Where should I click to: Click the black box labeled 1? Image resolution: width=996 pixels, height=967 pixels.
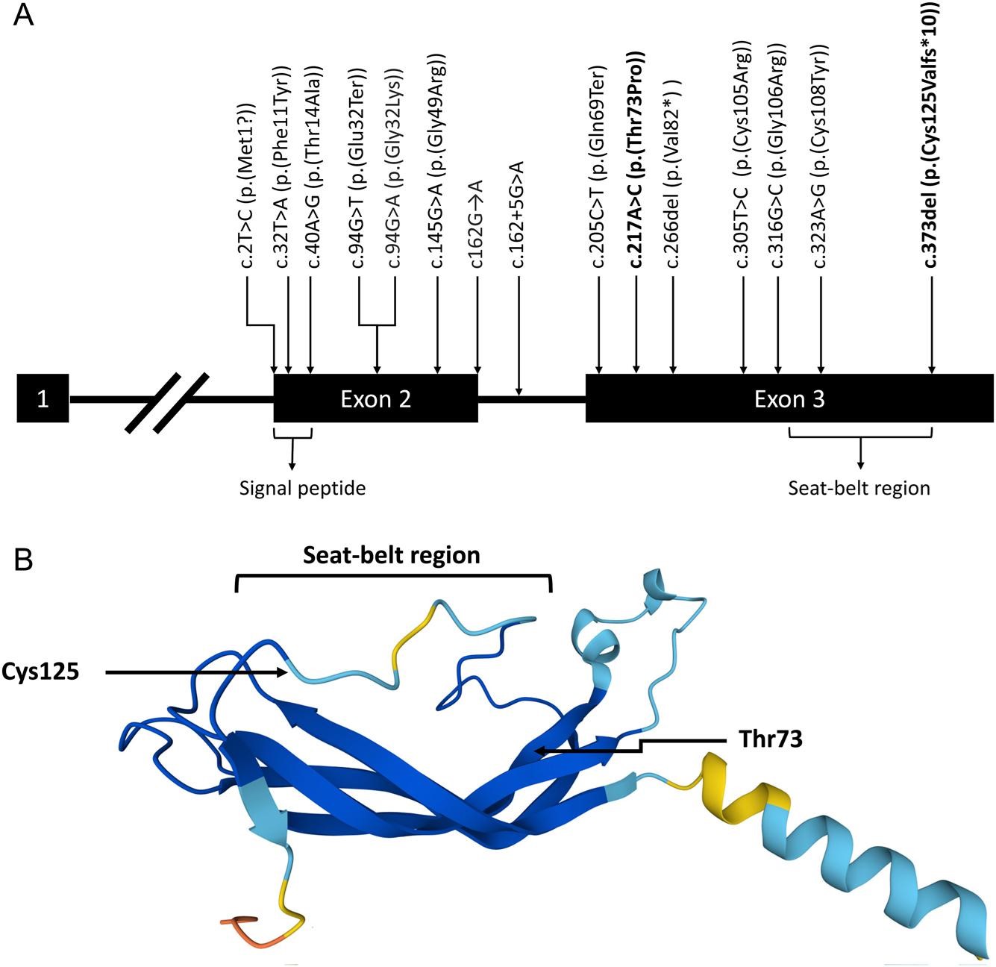(x=43, y=398)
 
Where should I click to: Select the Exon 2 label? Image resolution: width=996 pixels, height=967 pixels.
(x=375, y=398)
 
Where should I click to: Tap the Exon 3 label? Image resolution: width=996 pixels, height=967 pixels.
(x=789, y=398)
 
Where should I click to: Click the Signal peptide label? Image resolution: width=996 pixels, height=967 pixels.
(x=303, y=489)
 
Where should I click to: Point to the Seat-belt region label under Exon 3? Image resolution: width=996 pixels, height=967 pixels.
(x=859, y=489)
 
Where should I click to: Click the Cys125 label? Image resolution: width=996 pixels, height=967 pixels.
(x=41, y=672)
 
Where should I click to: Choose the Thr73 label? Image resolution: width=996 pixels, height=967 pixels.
(x=770, y=741)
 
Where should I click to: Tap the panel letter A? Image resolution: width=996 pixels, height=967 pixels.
(x=24, y=15)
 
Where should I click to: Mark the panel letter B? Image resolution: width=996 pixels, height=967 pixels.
(x=24, y=560)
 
